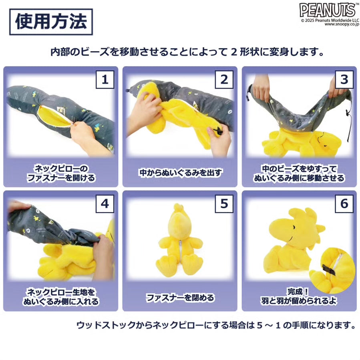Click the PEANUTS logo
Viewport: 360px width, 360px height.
click(327, 9)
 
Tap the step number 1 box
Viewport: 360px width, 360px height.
click(105, 79)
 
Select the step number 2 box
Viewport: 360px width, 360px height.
click(224, 79)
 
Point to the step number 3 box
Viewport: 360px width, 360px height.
click(344, 79)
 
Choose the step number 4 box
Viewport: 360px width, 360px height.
click(105, 203)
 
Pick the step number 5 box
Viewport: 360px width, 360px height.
click(224, 203)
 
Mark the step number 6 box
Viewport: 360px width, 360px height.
click(344, 203)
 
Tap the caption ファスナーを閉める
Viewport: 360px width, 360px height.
click(180, 298)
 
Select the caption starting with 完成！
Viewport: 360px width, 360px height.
click(299, 296)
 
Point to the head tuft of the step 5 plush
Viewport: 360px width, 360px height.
click(179, 209)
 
